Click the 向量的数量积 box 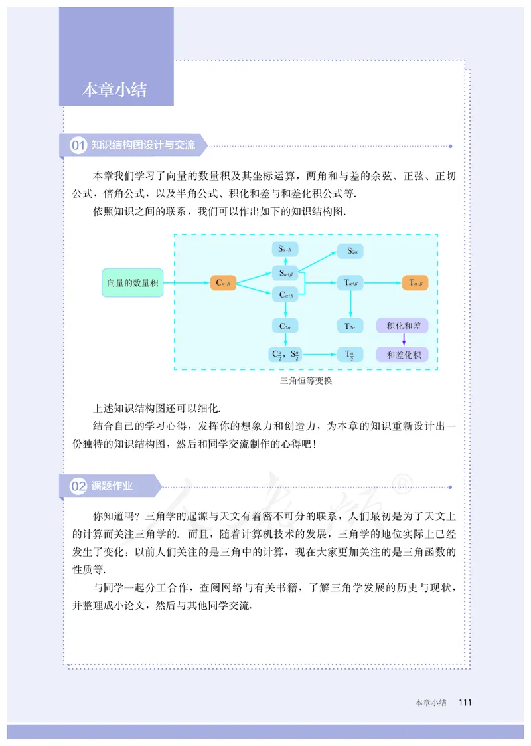132,282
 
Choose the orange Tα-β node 417,282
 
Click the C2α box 286,326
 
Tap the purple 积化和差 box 402,326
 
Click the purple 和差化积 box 402,355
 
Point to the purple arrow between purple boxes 403,340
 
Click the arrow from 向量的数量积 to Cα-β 186,282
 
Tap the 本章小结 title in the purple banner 114,90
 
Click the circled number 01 78,145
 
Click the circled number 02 78,486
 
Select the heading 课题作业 112,486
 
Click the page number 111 465,702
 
